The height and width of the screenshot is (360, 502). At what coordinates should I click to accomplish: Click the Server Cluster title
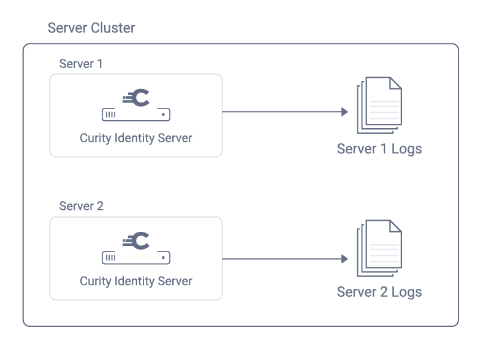tap(91, 28)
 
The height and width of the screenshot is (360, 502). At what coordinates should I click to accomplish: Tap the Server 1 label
tap(81, 64)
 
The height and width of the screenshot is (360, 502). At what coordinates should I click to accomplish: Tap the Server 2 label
tap(81, 206)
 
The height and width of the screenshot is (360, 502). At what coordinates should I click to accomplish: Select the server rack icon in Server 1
tap(135, 115)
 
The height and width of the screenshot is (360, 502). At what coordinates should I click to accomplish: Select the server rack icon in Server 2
tap(135, 258)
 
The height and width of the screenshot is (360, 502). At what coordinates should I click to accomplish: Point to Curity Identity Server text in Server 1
tap(135, 138)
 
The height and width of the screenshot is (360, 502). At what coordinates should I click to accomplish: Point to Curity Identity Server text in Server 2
tap(135, 281)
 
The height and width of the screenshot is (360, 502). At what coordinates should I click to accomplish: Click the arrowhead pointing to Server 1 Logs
tap(344, 112)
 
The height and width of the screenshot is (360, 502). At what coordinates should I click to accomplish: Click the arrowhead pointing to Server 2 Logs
tap(344, 259)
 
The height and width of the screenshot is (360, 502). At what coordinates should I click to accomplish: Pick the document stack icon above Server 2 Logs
tap(379, 248)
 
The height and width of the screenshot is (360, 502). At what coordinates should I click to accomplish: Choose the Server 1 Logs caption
tap(379, 149)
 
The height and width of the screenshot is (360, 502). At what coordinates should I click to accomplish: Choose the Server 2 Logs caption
tap(379, 291)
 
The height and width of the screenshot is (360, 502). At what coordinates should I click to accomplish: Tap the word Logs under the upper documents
tap(406, 149)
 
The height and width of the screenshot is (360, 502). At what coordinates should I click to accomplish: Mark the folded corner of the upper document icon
tap(395, 83)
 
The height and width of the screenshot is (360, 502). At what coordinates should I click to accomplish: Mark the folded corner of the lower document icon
tap(395, 227)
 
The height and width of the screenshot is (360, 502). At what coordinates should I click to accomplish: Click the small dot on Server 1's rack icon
tap(162, 115)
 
